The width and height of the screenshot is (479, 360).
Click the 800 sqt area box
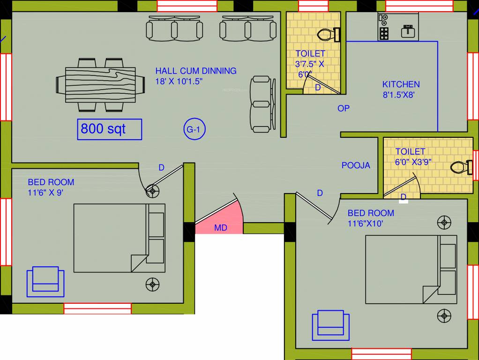(x=109, y=129)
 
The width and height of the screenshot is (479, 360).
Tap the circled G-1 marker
(x=194, y=130)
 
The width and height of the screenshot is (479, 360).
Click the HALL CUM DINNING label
(x=196, y=71)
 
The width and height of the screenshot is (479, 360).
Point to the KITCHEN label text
(x=401, y=84)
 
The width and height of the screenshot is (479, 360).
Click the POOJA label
(x=356, y=165)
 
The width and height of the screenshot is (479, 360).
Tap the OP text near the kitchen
(x=344, y=108)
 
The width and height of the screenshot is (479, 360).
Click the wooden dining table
(x=100, y=85)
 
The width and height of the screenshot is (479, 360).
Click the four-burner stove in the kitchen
(x=384, y=33)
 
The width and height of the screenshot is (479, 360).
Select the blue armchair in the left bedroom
(x=45, y=281)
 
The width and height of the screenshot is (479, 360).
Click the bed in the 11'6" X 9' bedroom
(x=119, y=238)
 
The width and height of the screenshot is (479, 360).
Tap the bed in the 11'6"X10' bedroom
(x=411, y=269)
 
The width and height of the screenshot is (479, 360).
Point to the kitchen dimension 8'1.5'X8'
(x=399, y=95)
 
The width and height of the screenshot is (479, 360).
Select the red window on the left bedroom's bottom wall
(x=97, y=308)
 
